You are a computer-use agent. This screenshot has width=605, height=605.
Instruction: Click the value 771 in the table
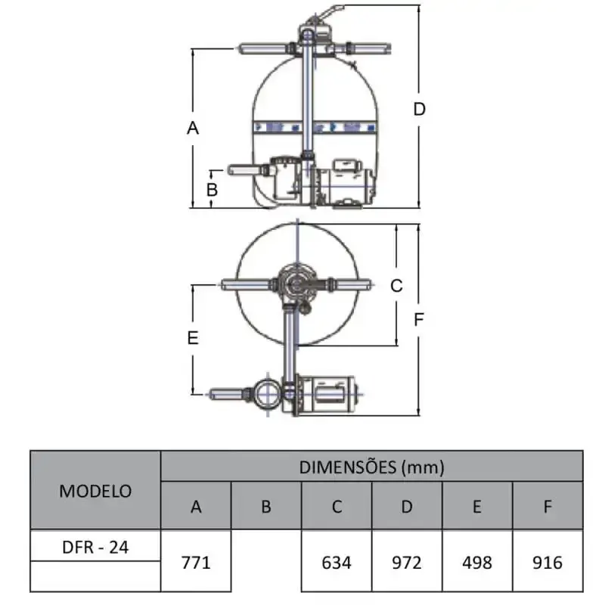(x=196, y=563)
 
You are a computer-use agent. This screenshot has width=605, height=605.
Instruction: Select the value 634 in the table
(x=337, y=563)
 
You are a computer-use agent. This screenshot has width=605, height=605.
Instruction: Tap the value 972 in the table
(x=407, y=563)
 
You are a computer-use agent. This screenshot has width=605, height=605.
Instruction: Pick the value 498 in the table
(x=477, y=563)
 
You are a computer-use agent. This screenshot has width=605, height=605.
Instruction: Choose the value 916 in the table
(x=547, y=563)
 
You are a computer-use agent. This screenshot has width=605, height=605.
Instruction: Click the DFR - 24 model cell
(x=95, y=547)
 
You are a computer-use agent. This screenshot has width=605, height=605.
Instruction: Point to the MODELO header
(x=95, y=491)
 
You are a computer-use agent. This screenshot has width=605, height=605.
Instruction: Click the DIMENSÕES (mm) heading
(x=371, y=467)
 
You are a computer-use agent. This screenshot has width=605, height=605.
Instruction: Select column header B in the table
(x=266, y=507)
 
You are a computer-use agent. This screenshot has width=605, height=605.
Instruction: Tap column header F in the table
(x=548, y=507)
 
